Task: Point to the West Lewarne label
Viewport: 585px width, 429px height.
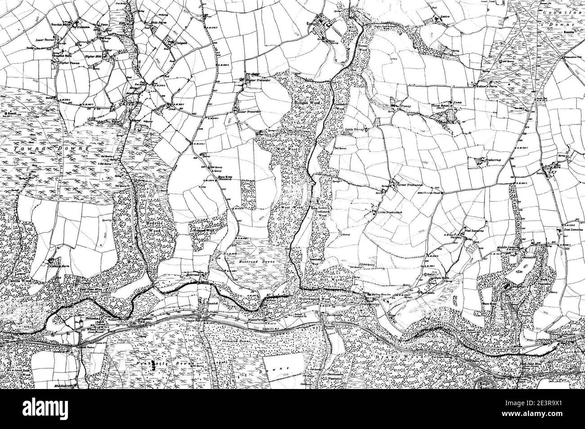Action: tap(474, 229)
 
